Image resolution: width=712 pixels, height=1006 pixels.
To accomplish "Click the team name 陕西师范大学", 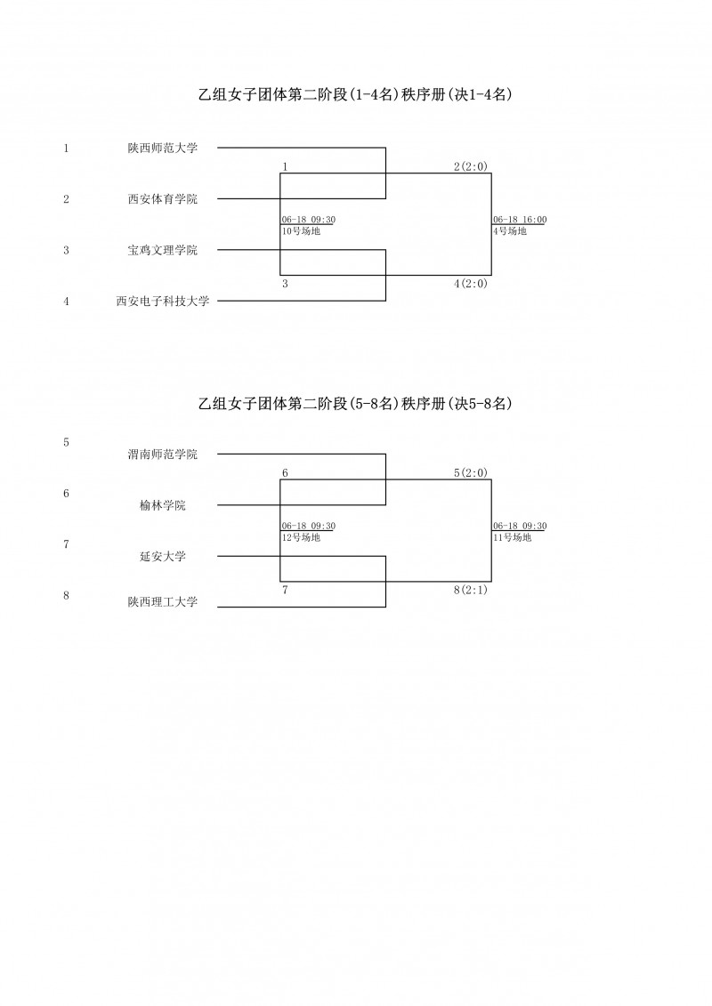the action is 163,149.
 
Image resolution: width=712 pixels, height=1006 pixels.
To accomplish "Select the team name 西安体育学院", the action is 163,199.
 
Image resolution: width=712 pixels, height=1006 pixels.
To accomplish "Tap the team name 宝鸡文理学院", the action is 163,250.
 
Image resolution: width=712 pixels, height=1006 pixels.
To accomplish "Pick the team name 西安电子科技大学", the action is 163,301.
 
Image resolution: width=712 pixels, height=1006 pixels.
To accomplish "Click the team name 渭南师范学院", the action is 163,455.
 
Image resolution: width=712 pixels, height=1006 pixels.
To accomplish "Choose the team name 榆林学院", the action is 163,505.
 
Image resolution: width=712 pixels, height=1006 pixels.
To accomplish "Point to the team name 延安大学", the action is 163,556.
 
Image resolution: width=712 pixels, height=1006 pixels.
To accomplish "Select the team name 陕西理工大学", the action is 163,602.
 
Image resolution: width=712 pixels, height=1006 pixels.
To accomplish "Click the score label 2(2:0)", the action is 471,167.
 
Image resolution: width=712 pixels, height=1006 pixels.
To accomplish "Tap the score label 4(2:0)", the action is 471,284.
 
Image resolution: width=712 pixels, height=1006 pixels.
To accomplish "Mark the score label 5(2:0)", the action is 471,473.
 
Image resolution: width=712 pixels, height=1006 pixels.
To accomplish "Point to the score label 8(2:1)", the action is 471,591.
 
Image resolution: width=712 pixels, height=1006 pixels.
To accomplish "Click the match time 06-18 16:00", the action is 520,220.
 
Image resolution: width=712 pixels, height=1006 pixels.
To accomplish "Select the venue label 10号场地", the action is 301,231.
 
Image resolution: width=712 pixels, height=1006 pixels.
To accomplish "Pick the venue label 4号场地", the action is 510,231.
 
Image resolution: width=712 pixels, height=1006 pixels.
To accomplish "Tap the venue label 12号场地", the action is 301,537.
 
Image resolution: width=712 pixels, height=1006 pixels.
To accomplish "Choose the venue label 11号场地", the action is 513,537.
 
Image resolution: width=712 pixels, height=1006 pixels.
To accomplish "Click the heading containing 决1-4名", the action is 355,95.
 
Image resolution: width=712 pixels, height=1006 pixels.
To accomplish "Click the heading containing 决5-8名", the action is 355,404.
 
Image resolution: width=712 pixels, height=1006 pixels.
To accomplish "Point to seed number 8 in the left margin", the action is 66,595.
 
